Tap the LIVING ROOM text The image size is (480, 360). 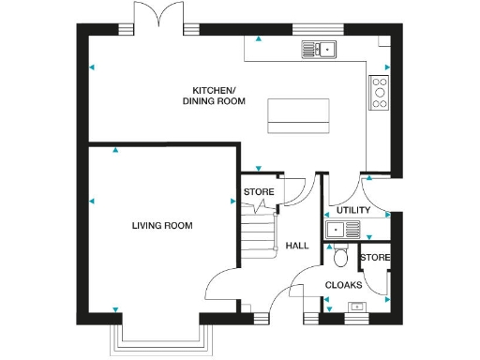(161, 226)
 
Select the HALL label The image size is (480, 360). (297, 246)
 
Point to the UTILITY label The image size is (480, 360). (353, 210)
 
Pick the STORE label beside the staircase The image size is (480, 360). (259, 192)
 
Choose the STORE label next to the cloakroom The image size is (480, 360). (375, 258)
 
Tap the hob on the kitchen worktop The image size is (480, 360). (380, 93)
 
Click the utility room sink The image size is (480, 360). (337, 230)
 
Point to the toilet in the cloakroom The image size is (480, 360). (340, 257)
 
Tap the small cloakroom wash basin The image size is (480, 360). (356, 305)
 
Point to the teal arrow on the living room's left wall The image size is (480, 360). (92, 201)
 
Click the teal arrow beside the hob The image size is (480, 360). (386, 67)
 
